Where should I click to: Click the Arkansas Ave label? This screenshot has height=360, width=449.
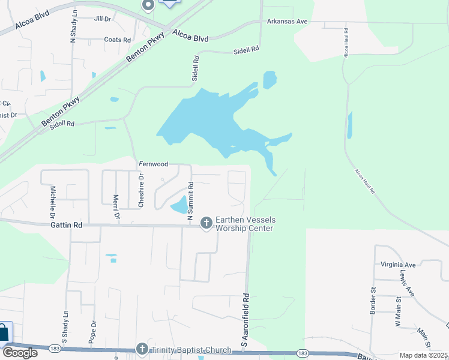(x=287, y=21)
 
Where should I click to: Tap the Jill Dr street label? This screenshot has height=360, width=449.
(x=103, y=19)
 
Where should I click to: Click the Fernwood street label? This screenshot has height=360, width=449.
(x=153, y=163)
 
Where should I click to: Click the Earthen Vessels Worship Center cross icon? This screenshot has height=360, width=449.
(x=206, y=223)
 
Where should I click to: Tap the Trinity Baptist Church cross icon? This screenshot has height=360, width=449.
(x=142, y=349)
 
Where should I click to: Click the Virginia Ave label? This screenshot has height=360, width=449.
(x=398, y=264)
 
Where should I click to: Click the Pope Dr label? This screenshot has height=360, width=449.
(x=94, y=332)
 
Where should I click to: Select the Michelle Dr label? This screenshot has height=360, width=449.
(x=53, y=201)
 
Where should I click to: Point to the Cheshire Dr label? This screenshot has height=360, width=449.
(x=142, y=191)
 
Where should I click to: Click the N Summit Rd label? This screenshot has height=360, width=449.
(x=190, y=200)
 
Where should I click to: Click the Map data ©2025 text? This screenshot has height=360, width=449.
(x=423, y=355)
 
